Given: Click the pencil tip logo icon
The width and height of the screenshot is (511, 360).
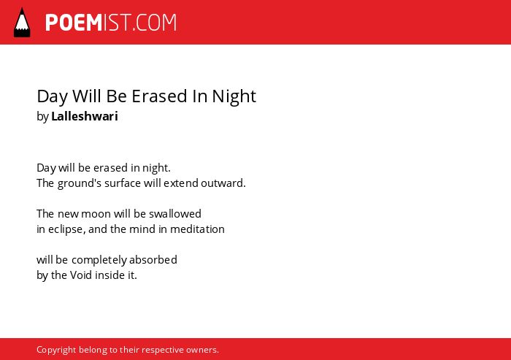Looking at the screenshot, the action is point(22,23).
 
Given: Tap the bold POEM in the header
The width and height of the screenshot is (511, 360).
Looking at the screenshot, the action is point(74,23).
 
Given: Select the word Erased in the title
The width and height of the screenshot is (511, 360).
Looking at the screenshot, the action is point(159,96).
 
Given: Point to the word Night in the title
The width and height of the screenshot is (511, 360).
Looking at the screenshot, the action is point(234,96).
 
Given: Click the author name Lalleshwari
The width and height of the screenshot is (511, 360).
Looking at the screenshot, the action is point(85,116).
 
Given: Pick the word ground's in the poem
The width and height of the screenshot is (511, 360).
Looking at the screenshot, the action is point(80,183).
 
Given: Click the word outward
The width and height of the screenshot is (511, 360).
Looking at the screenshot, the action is point(223,183).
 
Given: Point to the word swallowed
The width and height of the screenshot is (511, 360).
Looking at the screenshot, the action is point(175,213).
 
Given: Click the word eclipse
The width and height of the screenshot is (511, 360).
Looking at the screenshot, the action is point(67,229).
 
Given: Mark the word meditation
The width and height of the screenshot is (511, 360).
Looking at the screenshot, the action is point(197,229).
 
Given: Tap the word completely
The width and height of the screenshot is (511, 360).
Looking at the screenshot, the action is point(99,260).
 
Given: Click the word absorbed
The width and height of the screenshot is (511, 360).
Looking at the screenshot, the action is point(153,259).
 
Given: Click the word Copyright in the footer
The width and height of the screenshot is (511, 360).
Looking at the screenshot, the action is point(56,350).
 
